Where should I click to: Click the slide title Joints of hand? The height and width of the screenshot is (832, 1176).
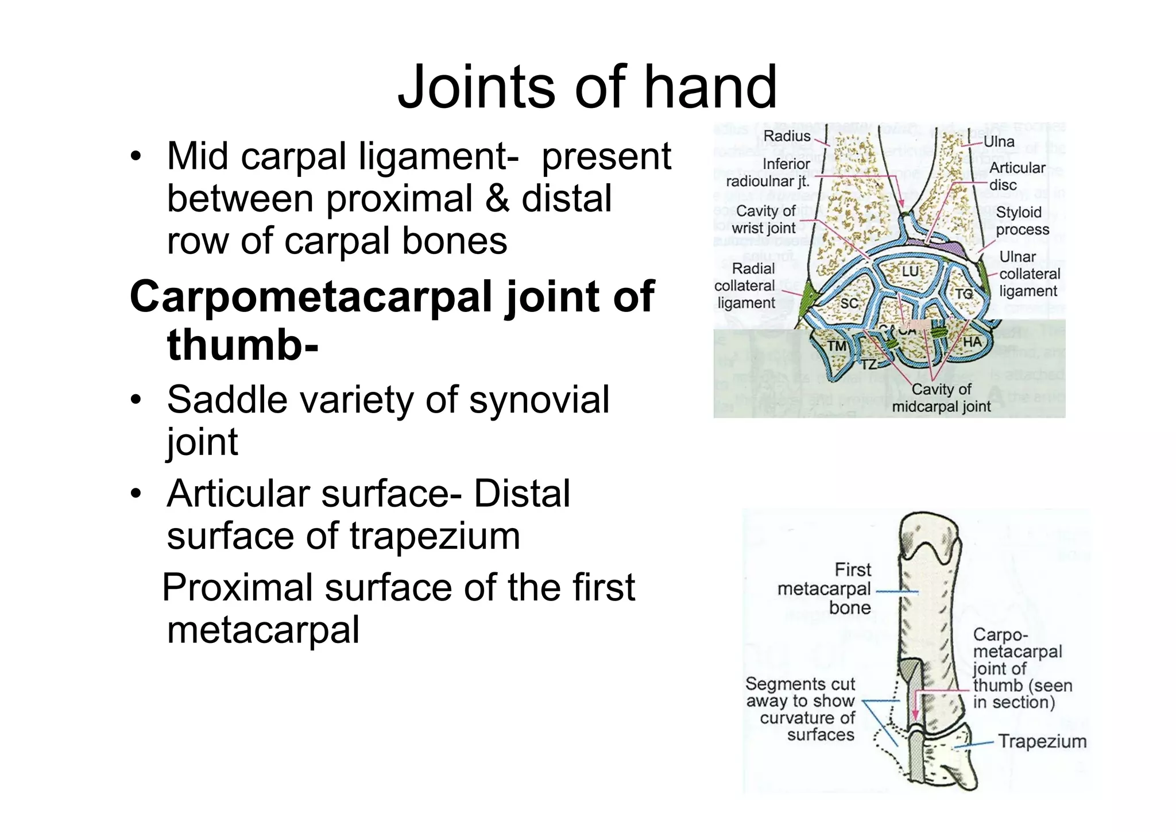587,87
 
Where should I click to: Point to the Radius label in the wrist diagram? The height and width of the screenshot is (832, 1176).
787,136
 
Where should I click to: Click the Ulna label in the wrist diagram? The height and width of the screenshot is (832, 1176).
999,142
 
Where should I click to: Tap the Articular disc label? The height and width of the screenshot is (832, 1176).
1016,176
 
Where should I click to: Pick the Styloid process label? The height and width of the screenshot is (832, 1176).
1022,221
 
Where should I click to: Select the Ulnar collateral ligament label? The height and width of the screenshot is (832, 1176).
1029,274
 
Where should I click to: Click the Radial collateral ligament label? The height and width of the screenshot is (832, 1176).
745,286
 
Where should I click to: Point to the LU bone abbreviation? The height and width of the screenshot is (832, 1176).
910,271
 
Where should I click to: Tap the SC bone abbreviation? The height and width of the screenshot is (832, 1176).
849,303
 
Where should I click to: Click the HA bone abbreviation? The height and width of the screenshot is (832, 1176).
972,342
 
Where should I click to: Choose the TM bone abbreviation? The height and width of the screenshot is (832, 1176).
837,346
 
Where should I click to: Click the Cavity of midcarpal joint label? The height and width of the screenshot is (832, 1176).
942,398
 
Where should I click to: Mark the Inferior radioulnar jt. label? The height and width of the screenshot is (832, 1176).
768,173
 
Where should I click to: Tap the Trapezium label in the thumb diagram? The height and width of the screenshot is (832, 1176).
1042,741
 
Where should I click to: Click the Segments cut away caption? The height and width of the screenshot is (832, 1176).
800,709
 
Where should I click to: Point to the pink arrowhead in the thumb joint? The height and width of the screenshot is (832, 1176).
915,715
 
